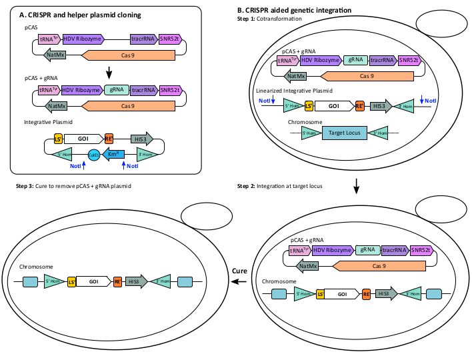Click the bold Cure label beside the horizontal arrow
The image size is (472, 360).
(x=241, y=271)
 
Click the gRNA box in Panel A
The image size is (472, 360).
(x=117, y=89)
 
